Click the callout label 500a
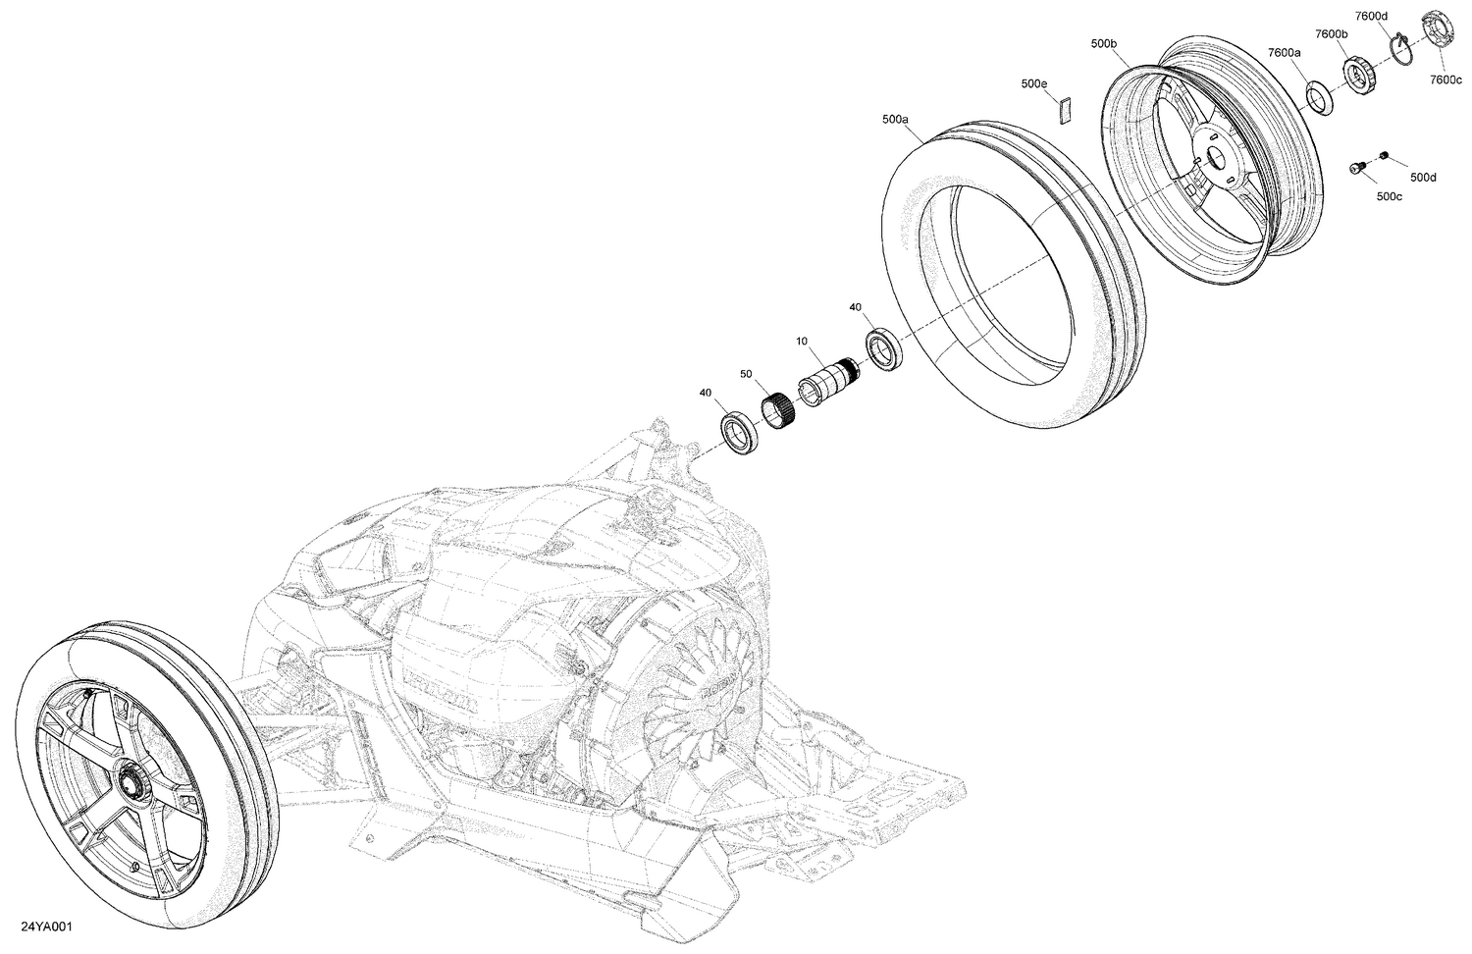coord(895,119)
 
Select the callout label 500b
coord(1103,44)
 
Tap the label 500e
coord(1033,84)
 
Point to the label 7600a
coord(1284,52)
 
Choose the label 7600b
coord(1332,34)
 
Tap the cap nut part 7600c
coord(1436,26)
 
